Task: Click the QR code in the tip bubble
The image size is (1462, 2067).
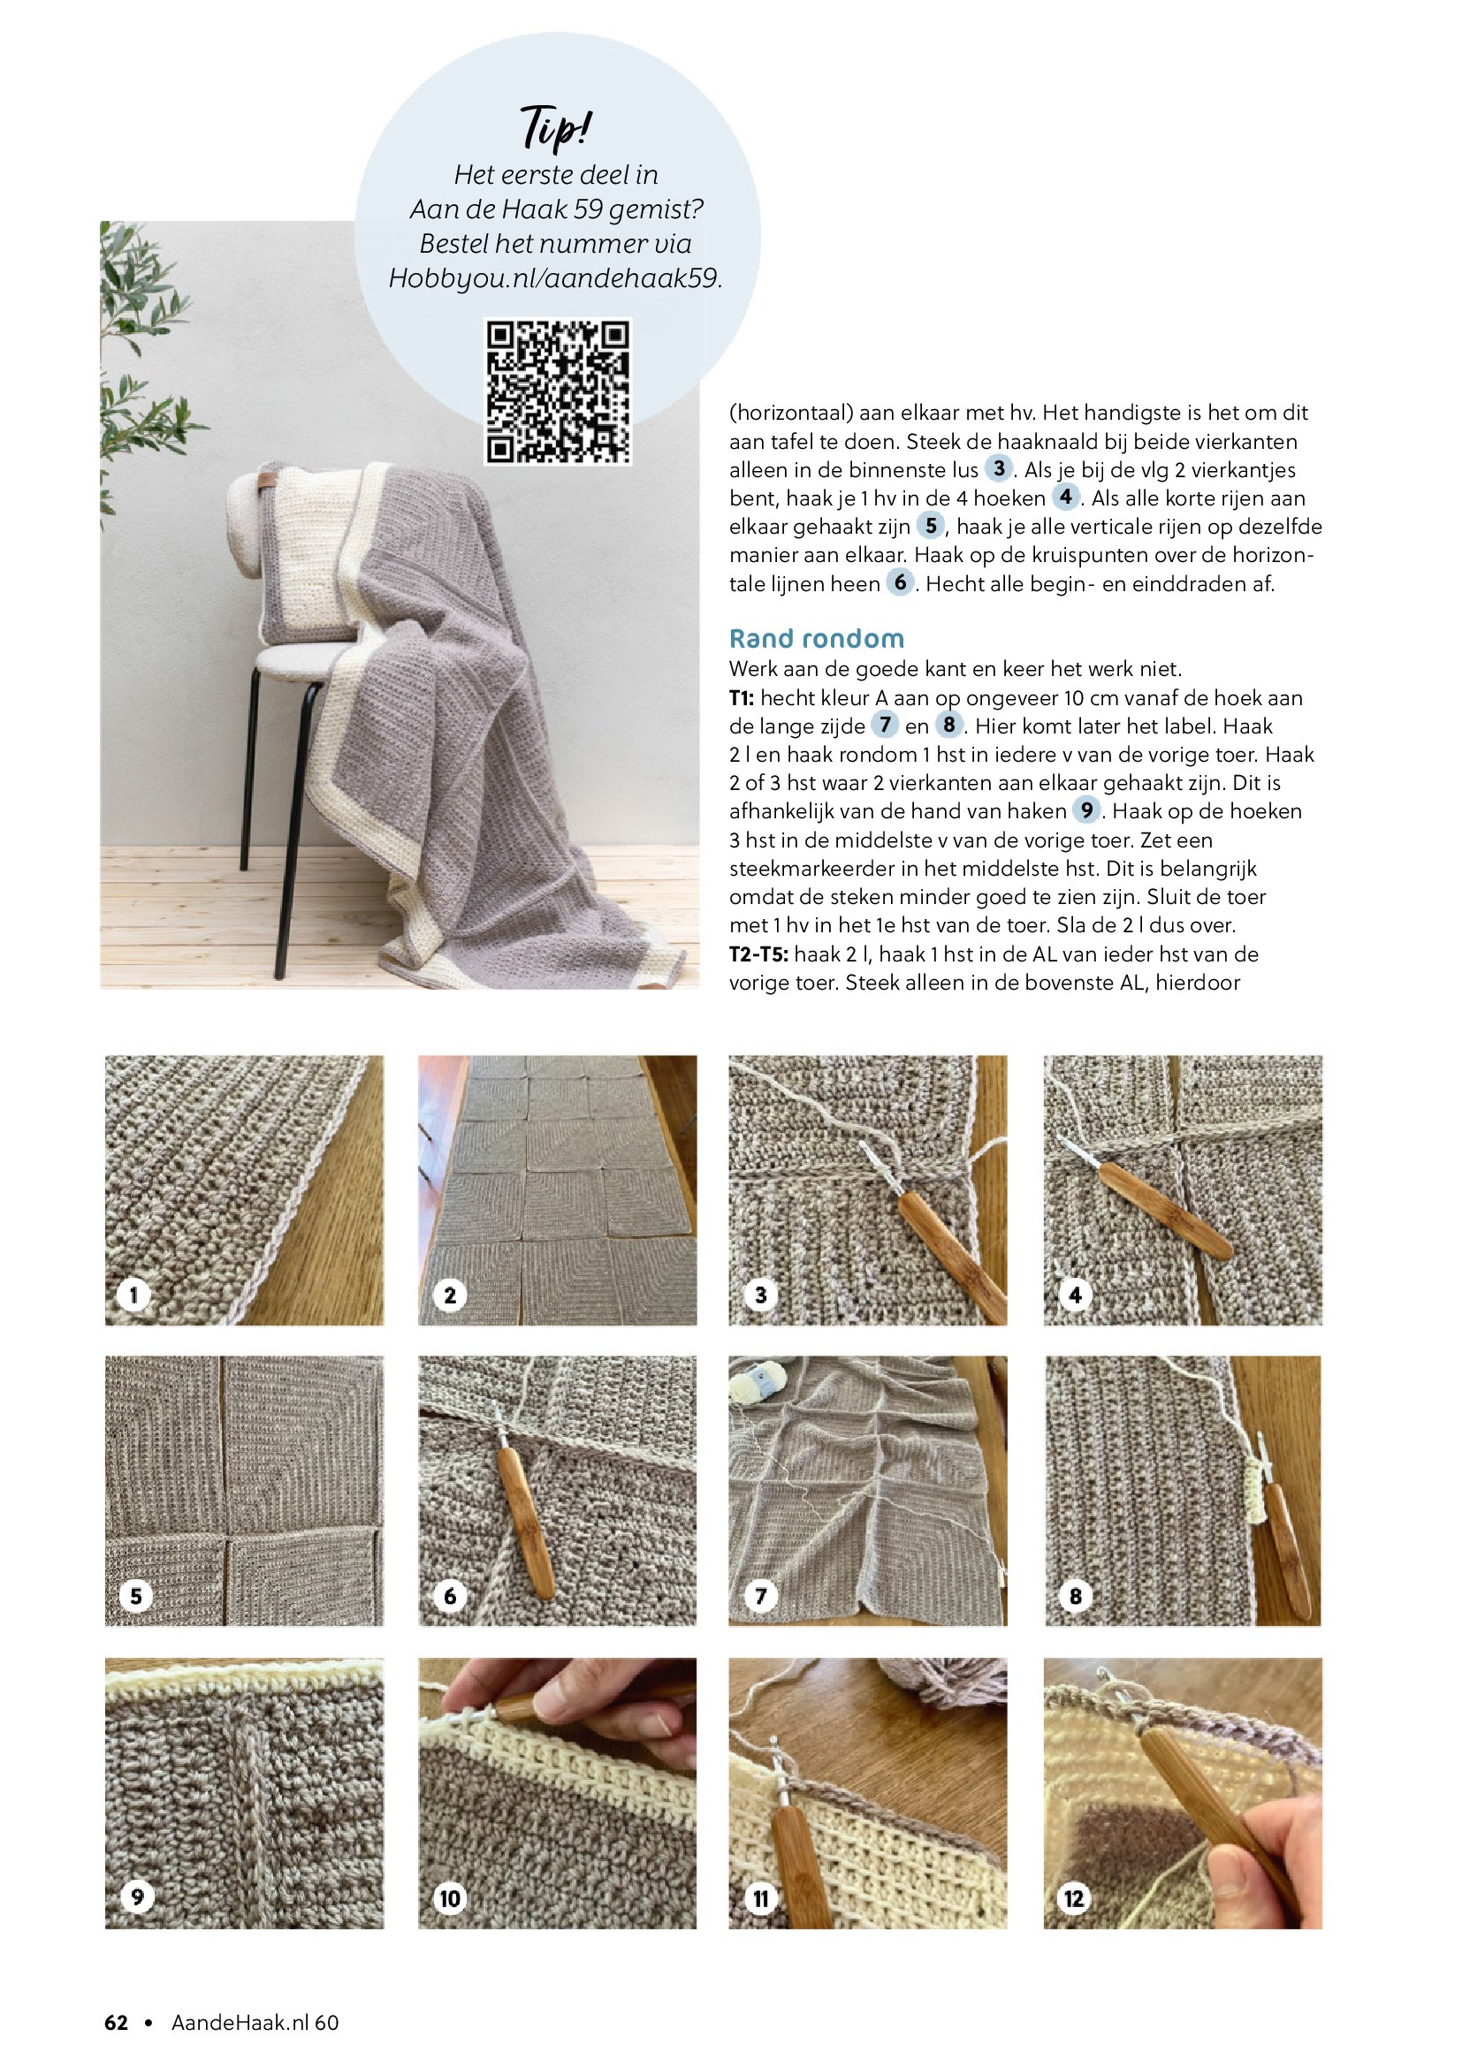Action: [x=558, y=391]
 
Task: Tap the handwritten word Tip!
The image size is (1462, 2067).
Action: [x=556, y=127]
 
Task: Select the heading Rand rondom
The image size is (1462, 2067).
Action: [x=817, y=638]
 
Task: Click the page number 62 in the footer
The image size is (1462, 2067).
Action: [x=116, y=2022]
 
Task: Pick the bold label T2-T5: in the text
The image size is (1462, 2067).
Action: [x=759, y=954]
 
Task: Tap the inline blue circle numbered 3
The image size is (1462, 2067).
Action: [x=998, y=468]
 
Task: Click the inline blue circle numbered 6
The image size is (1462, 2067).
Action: [x=900, y=582]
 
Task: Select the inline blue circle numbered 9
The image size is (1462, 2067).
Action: [x=1086, y=810]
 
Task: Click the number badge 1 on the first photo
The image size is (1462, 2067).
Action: [x=133, y=1295]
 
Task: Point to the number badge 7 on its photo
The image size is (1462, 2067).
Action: [x=761, y=1596]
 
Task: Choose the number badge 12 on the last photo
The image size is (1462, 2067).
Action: [x=1074, y=1898]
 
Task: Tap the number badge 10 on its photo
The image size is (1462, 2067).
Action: [x=449, y=1898]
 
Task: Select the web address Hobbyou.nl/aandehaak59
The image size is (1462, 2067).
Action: [x=555, y=278]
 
